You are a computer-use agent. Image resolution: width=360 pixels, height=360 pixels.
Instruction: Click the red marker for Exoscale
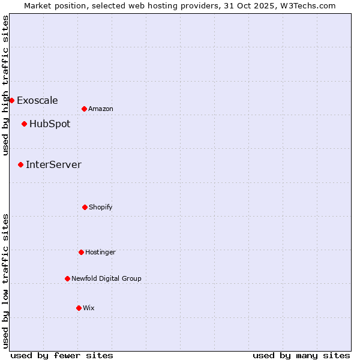(11, 100)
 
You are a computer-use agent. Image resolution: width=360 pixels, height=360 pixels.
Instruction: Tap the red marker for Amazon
(84, 109)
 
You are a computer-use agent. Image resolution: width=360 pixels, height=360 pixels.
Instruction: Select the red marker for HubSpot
(24, 124)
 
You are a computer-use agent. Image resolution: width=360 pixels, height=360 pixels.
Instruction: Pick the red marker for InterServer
(20, 164)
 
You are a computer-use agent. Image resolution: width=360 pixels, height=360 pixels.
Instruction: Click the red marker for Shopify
(85, 207)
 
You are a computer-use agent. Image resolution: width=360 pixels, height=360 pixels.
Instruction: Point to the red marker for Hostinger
(81, 252)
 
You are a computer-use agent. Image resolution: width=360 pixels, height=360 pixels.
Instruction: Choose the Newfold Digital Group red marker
(67, 278)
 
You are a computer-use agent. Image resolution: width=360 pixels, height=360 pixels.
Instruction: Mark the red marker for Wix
(79, 308)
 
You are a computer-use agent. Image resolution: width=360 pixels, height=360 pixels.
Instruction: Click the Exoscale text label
(37, 100)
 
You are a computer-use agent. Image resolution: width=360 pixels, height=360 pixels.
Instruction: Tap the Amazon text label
(101, 109)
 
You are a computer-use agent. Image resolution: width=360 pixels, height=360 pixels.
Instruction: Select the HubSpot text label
(50, 124)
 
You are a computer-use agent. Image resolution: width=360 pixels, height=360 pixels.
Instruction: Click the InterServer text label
(53, 164)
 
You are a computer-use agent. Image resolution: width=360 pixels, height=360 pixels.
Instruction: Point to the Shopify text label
(101, 207)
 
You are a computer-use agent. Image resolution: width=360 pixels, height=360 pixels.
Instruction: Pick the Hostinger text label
(100, 252)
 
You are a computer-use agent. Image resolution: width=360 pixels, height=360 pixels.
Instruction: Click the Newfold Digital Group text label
(106, 278)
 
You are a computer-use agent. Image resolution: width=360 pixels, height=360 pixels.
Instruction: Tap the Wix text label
(89, 308)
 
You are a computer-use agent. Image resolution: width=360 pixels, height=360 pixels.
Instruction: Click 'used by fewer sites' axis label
(62, 355)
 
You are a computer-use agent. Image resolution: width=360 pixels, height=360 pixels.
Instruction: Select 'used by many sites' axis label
(301, 355)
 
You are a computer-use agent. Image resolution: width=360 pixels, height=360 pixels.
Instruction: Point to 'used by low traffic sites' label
(5, 280)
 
